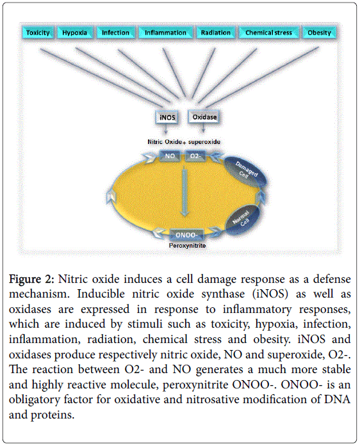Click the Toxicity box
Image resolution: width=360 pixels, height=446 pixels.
click(x=38, y=33)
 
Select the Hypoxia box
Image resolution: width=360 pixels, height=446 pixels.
click(x=75, y=33)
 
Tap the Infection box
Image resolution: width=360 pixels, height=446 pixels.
click(x=115, y=33)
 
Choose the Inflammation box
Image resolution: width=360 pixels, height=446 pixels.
click(x=165, y=33)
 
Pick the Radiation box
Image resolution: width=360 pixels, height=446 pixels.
click(x=216, y=33)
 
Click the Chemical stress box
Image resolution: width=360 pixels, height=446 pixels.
click(x=269, y=33)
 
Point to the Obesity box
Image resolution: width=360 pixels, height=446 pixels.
click(x=319, y=33)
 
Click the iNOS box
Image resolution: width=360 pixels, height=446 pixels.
click(x=167, y=117)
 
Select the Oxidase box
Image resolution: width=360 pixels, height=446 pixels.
click(x=204, y=117)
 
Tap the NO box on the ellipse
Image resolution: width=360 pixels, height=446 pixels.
click(x=170, y=156)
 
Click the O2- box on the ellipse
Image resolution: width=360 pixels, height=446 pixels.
click(x=195, y=156)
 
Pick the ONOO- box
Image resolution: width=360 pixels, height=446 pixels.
click(x=186, y=235)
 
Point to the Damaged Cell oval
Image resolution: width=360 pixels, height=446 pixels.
click(x=246, y=172)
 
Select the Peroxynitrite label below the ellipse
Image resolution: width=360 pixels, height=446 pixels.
click(x=187, y=246)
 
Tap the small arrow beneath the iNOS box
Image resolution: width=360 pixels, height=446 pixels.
click(x=166, y=130)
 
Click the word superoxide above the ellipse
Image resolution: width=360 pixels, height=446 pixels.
click(x=204, y=141)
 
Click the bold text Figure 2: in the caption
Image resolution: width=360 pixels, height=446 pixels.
click(x=31, y=279)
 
